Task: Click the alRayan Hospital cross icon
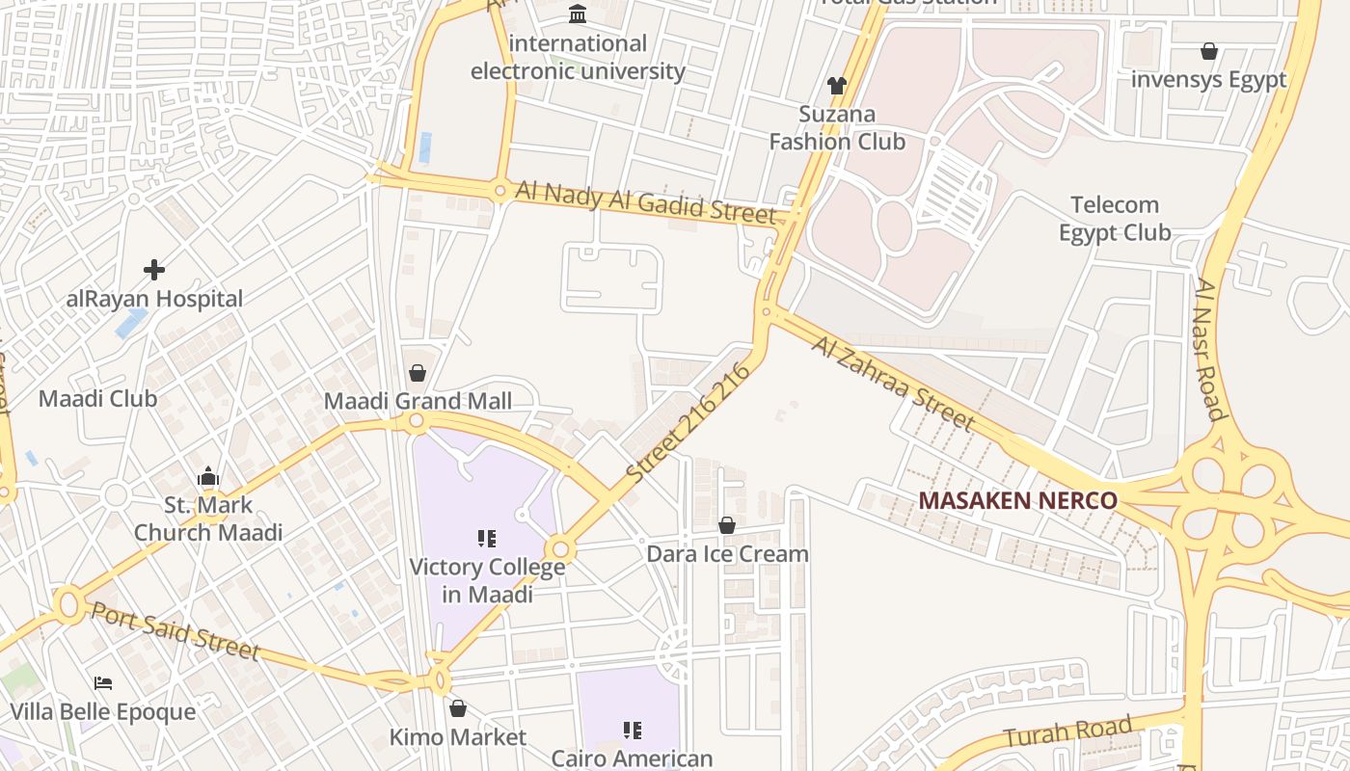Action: [154, 270]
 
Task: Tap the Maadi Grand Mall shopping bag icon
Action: [418, 372]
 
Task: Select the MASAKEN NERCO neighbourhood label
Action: [1017, 501]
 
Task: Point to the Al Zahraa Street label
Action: [893, 383]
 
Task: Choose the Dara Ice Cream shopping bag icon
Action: [727, 525]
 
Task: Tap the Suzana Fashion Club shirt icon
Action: [836, 86]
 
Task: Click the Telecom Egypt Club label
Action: [1115, 219]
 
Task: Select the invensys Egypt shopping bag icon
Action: [1208, 51]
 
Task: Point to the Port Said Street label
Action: [175, 631]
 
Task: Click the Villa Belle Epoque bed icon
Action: [103, 683]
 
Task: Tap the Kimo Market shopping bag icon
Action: [458, 708]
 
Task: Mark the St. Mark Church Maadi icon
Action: [208, 476]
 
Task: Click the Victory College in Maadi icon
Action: [487, 538]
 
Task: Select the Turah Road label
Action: [1067, 731]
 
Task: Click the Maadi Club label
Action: [97, 398]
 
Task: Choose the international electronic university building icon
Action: [578, 13]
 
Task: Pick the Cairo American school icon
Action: [633, 731]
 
